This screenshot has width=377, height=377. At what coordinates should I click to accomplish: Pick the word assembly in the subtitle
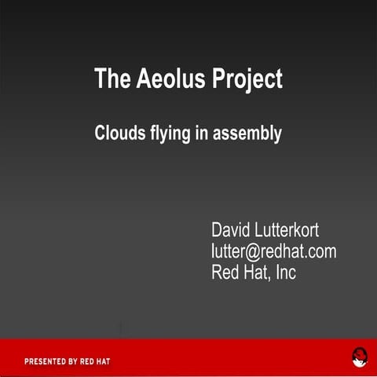(247, 134)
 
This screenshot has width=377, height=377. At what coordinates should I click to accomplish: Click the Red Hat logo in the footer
(359, 358)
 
